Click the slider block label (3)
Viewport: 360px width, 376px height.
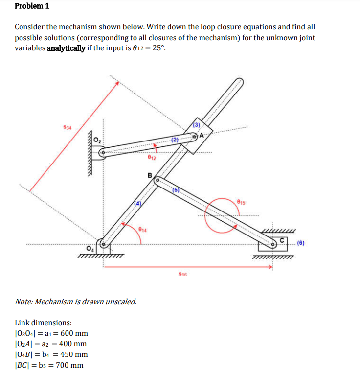[x=197, y=125]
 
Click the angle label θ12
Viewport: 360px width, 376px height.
[x=152, y=157]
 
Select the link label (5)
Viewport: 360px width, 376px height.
[x=177, y=189]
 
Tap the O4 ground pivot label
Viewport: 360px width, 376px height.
[x=90, y=247]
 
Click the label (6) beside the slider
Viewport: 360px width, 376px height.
[x=303, y=242]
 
